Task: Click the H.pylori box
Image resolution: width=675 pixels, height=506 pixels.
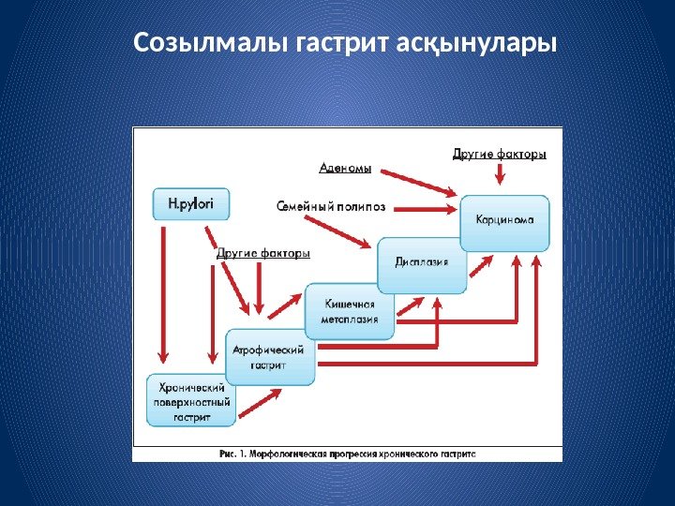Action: coord(190,203)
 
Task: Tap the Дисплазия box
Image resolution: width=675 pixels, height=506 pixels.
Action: coord(422,263)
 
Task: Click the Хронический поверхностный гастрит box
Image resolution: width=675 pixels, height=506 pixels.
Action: coord(191,402)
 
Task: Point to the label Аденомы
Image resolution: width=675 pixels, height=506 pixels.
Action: coord(345,170)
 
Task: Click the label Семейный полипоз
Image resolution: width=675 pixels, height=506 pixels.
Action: coord(331,205)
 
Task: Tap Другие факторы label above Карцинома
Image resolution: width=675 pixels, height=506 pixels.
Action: coord(500,153)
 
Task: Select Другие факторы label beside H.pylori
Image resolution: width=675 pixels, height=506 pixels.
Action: coord(263,253)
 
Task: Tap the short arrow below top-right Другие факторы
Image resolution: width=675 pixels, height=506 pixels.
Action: coord(500,173)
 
